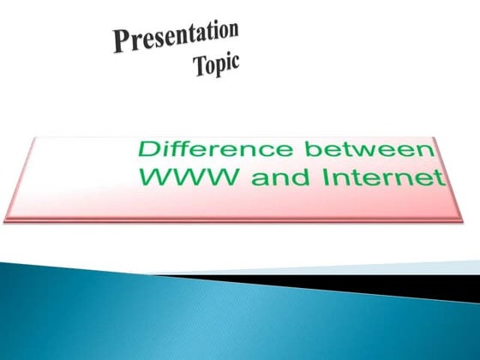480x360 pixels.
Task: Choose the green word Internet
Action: pos(372,179)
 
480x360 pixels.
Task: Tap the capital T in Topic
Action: pos(200,68)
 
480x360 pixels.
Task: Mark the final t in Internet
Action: pos(441,179)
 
